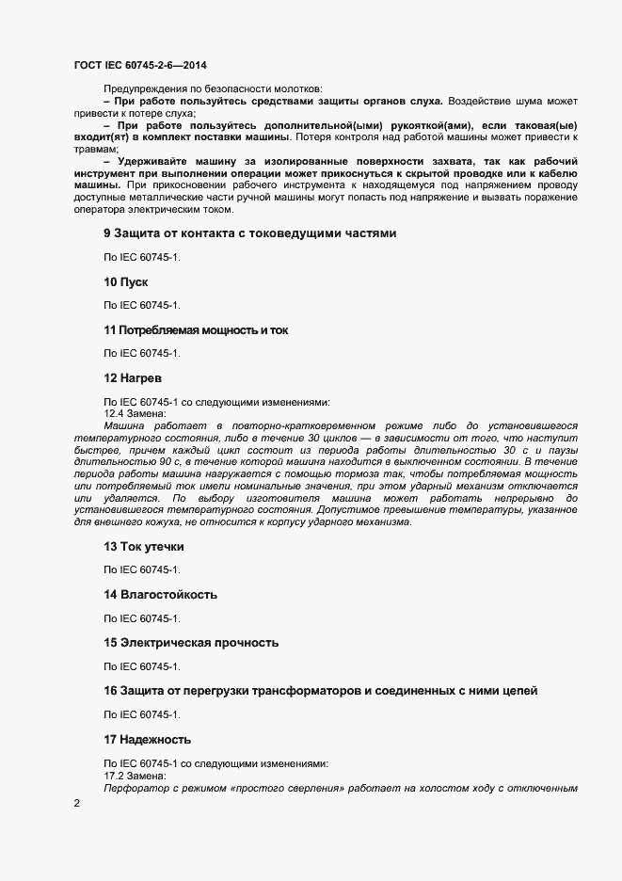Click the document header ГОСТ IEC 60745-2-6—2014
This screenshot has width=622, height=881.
pos(140,65)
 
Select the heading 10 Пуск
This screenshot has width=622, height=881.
pos(126,281)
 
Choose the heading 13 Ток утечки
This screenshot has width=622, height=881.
pos(144,546)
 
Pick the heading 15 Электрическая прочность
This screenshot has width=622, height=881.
pos(191,643)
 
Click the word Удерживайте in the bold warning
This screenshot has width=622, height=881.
pos(151,161)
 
